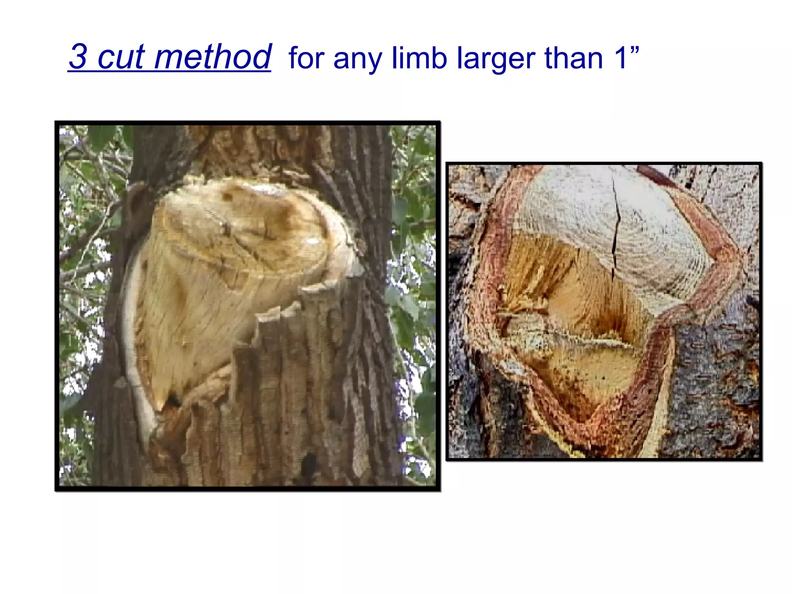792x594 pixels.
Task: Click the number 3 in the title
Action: point(79,56)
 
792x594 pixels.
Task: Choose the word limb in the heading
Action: point(419,58)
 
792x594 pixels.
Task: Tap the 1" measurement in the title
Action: point(626,57)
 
